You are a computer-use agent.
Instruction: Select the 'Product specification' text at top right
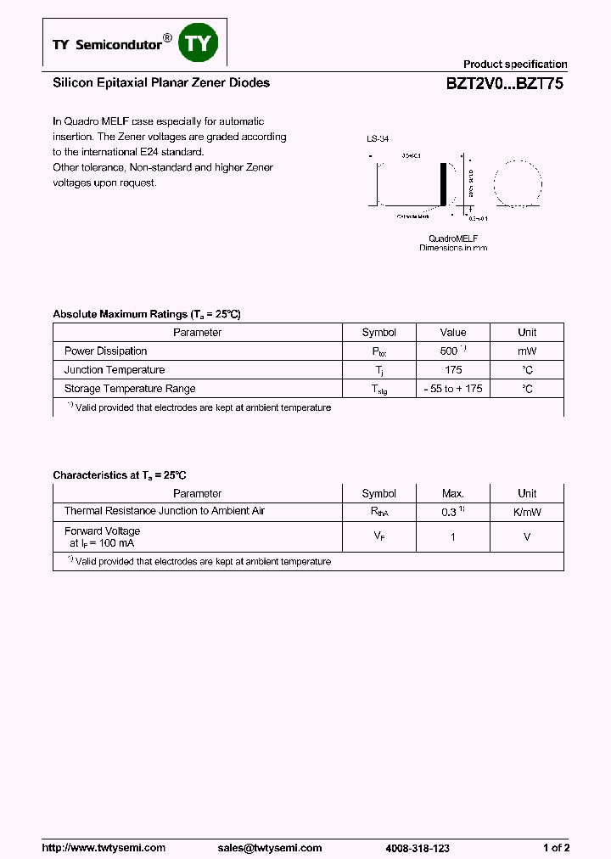[x=514, y=65]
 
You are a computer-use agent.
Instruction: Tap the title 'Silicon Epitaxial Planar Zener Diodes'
[x=161, y=83]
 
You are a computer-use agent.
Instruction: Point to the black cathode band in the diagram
[x=441, y=182]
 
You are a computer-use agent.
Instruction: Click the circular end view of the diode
[x=517, y=182]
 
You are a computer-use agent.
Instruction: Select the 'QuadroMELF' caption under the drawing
[x=453, y=239]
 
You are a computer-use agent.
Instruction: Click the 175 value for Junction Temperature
[x=453, y=370]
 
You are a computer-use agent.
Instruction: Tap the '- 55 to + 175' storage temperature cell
[x=453, y=389]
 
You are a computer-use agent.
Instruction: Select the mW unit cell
[x=527, y=351]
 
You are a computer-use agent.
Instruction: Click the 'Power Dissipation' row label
[x=105, y=351]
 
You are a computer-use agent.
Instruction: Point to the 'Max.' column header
[x=453, y=494]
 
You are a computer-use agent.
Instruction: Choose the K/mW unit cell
[x=527, y=512]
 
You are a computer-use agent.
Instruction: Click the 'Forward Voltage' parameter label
[x=102, y=531]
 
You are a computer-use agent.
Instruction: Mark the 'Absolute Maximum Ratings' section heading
[x=147, y=314]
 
